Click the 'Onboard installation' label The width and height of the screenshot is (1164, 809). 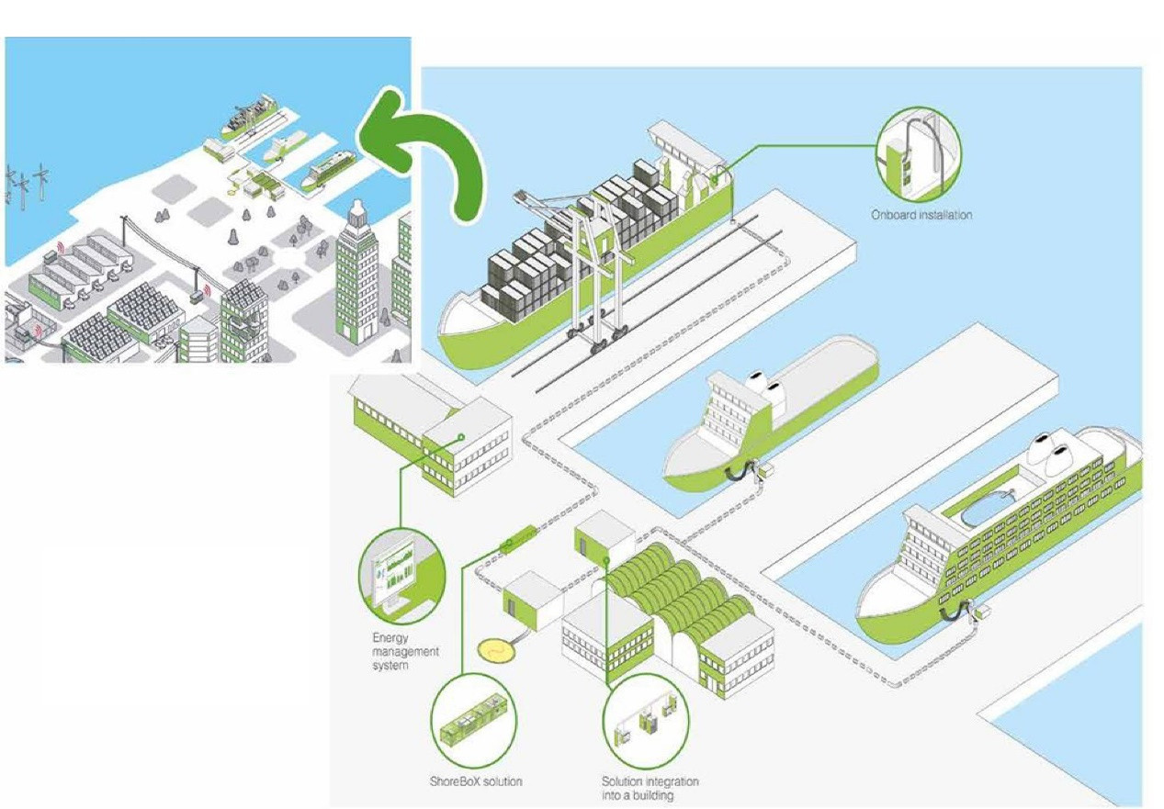point(921,215)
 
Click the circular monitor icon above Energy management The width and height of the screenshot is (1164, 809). point(401,577)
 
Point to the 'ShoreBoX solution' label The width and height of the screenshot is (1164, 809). point(476,781)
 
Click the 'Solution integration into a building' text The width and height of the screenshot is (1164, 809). point(650,788)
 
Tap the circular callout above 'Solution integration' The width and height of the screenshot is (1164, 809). point(647,721)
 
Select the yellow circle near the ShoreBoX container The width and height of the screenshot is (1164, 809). point(499,649)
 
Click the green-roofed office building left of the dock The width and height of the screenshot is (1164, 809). point(432,431)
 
